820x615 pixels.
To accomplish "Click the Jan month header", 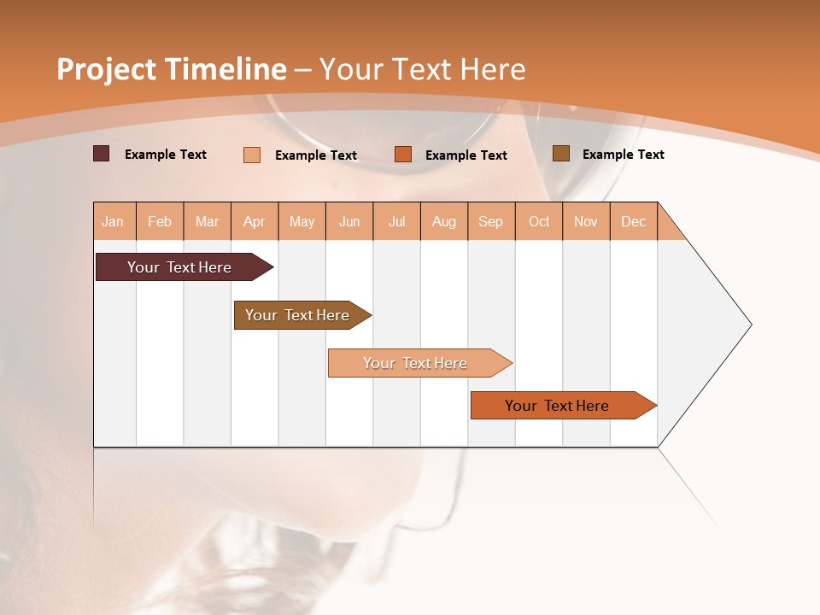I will click(114, 221).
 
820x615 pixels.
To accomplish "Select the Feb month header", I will click(160, 221).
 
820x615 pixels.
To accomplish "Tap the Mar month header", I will click(207, 221).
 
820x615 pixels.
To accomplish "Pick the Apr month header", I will click(255, 221).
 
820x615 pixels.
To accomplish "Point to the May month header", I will click(302, 221).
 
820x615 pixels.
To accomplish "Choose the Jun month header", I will click(349, 221).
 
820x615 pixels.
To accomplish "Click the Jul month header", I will click(396, 221).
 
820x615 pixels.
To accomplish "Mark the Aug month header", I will click(444, 221).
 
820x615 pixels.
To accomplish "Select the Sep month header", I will click(491, 221).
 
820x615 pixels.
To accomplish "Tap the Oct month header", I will click(539, 221).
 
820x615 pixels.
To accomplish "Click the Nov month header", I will click(586, 221).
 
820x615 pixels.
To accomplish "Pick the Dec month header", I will click(634, 221).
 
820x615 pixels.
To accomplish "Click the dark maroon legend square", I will click(101, 154).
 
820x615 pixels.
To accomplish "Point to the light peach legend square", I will click(252, 155).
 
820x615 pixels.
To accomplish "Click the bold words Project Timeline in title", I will click(171, 69).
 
